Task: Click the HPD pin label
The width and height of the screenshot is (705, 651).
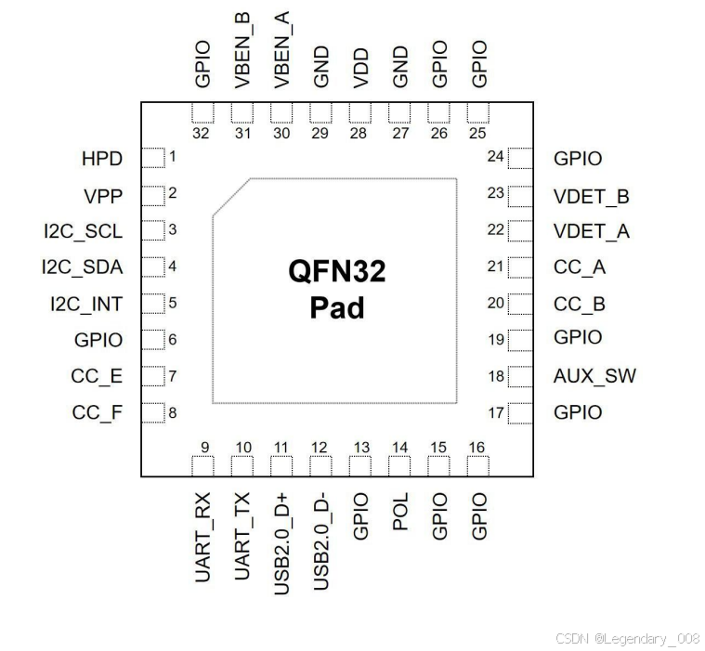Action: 101,159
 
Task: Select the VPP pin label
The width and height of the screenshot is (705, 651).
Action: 103,196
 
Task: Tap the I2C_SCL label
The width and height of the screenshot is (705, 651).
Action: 82,230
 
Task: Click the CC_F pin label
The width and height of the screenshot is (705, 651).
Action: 97,412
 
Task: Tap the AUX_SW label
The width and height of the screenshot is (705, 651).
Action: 594,376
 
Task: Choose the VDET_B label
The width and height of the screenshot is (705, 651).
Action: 592,197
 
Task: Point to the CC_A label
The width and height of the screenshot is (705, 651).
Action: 580,268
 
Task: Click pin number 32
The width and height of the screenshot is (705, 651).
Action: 202,133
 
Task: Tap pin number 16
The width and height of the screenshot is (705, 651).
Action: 477,448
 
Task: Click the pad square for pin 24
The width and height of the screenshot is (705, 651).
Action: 519,158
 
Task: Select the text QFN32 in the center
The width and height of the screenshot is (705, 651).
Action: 336,273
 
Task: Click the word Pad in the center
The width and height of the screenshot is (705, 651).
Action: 336,307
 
